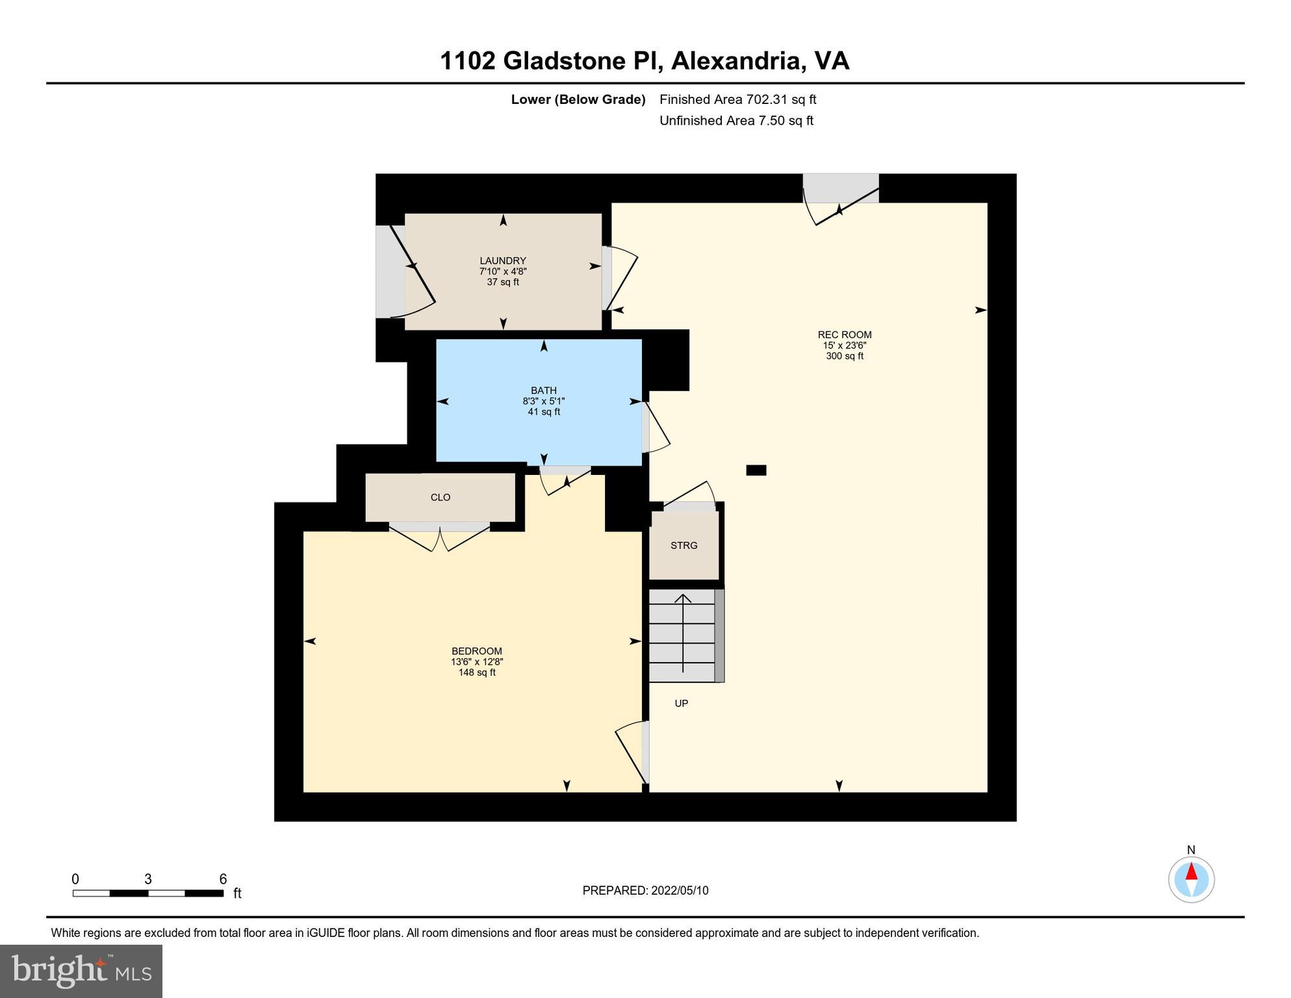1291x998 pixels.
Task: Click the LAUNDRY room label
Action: [x=502, y=261]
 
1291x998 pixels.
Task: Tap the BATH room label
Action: [x=543, y=390]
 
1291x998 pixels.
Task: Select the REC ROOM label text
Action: [x=844, y=335]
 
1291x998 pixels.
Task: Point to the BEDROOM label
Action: [x=476, y=651]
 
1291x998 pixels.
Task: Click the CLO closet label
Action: [x=440, y=498]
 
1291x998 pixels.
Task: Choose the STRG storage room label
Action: [x=684, y=546]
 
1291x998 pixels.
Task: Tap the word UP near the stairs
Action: [x=681, y=704]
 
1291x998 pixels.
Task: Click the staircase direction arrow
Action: [x=683, y=633]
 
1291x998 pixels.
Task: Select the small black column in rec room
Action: [x=756, y=470]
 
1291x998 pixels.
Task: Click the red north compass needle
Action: [x=1191, y=872]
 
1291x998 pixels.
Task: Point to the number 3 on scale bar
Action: [x=148, y=879]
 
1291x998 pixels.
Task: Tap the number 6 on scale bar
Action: [x=223, y=879]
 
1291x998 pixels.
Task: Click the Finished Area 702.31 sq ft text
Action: [x=737, y=99]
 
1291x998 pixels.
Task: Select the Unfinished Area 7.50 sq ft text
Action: [x=736, y=121]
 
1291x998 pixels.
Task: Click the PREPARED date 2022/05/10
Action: [x=645, y=891]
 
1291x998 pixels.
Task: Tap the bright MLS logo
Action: [x=81, y=971]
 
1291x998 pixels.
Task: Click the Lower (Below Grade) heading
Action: [x=578, y=99]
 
